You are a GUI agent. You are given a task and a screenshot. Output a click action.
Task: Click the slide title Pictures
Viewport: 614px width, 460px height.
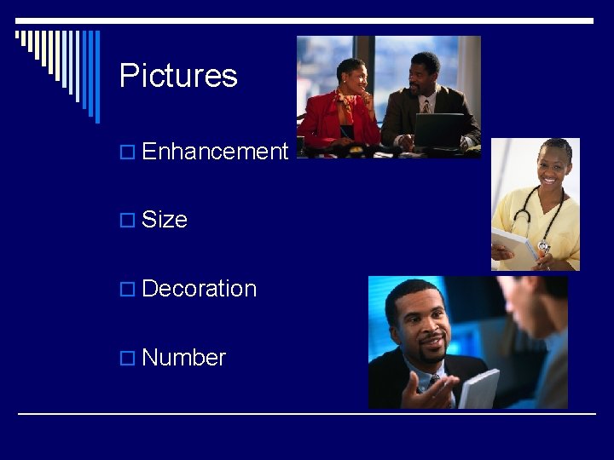178,76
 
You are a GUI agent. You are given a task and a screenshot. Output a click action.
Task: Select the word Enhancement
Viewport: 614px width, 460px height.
215,152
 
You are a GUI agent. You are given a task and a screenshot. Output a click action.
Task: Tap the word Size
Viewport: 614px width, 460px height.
165,220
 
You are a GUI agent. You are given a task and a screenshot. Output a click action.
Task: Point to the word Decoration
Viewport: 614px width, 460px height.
199,289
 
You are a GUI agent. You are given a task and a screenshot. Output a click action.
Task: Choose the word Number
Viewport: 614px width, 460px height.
183,358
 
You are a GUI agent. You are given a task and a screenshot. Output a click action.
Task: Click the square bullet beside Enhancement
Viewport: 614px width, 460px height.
127,152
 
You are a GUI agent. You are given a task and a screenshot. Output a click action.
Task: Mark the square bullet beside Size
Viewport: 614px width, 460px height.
127,221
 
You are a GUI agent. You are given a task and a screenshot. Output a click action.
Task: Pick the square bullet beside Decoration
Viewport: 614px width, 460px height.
127,290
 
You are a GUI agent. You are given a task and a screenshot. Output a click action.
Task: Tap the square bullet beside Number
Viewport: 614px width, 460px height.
127,359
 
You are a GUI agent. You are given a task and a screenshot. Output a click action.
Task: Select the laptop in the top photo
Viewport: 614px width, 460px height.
438,130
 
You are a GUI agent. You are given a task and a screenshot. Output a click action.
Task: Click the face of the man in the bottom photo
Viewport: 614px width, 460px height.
421,323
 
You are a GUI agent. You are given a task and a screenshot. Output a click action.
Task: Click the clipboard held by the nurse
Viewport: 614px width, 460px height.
514,246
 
